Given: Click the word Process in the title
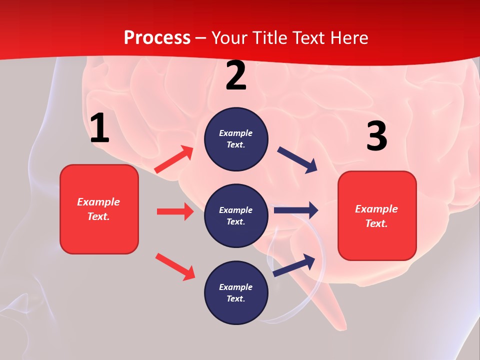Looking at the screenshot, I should (157, 38).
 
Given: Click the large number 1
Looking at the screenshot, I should (99, 128).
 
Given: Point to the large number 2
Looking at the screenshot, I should (236, 76).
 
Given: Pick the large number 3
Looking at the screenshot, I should (376, 136).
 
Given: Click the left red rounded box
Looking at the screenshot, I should (99, 209).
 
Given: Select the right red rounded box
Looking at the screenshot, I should (377, 216).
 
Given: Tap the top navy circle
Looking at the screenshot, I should (236, 139).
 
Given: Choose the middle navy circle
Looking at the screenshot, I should (236, 216).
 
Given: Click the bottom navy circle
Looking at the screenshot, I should (236, 293).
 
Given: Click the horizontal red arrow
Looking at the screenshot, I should (175, 211).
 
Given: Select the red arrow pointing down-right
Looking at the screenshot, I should (175, 266).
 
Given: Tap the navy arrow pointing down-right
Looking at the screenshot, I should (297, 160).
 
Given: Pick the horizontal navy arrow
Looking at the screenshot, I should (296, 210).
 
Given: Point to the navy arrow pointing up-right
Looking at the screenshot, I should (294, 265).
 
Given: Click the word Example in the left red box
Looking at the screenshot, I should (98, 202).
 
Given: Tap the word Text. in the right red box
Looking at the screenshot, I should (376, 223).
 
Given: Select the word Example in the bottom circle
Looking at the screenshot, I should (236, 287).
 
